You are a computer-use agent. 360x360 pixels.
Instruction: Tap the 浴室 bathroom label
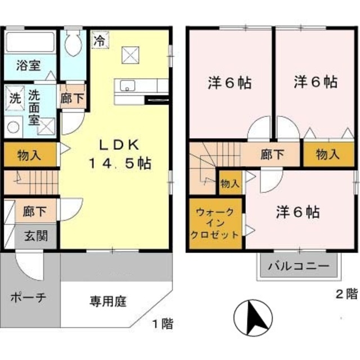point(28,65)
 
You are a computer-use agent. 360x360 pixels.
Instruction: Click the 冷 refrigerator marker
point(99,40)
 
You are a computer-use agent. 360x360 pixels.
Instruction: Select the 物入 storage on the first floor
point(30,155)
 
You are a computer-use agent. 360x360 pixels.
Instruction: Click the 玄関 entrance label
point(34,236)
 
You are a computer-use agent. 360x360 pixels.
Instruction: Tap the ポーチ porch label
point(27,298)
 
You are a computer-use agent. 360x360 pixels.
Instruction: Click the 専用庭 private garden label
point(108,300)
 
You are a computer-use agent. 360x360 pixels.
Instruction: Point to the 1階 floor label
point(161,324)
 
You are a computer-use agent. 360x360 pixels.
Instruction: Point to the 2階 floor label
point(346,292)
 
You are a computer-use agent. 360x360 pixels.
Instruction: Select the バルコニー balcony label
point(298,265)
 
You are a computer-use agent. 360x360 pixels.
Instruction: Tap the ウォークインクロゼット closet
point(216,224)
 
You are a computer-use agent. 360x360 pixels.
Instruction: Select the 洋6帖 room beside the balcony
point(298,212)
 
